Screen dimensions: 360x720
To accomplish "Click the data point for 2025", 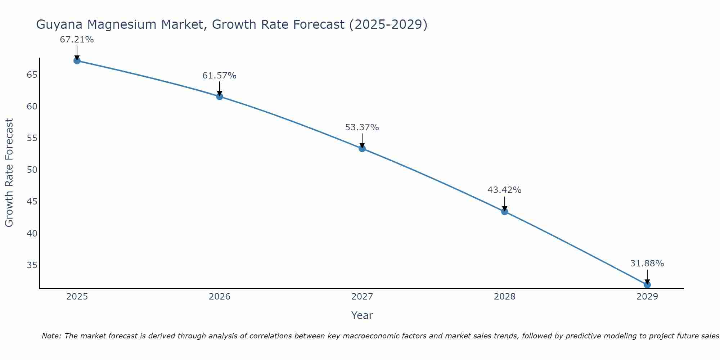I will tap(77, 61).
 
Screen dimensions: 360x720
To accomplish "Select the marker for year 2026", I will tap(219, 96).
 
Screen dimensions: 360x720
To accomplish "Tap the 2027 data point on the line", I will tap(362, 148).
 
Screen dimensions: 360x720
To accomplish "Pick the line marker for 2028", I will tap(505, 212).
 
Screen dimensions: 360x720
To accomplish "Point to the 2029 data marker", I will tap(647, 285).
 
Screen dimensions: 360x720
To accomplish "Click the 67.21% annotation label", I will tap(77, 40).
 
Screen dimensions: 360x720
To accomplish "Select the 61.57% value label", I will tap(219, 76).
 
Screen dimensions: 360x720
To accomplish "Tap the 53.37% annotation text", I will tap(362, 127).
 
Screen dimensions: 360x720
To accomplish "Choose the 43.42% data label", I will tap(504, 190).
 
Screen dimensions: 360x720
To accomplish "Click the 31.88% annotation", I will tap(647, 264).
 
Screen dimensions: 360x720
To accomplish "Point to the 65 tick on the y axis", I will tap(32, 75).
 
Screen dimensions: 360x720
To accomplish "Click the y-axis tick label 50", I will tap(32, 170).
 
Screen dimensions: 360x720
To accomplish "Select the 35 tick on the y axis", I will tap(32, 265).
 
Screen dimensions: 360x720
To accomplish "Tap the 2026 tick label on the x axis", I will tap(220, 297).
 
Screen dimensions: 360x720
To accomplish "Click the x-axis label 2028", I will tap(505, 297).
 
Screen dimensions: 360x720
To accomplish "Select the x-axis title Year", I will tap(362, 315).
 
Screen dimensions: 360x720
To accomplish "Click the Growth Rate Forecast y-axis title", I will tap(9, 172).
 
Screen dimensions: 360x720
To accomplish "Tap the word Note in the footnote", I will tap(51, 336).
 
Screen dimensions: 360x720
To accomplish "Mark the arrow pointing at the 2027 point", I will tap(362, 140).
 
